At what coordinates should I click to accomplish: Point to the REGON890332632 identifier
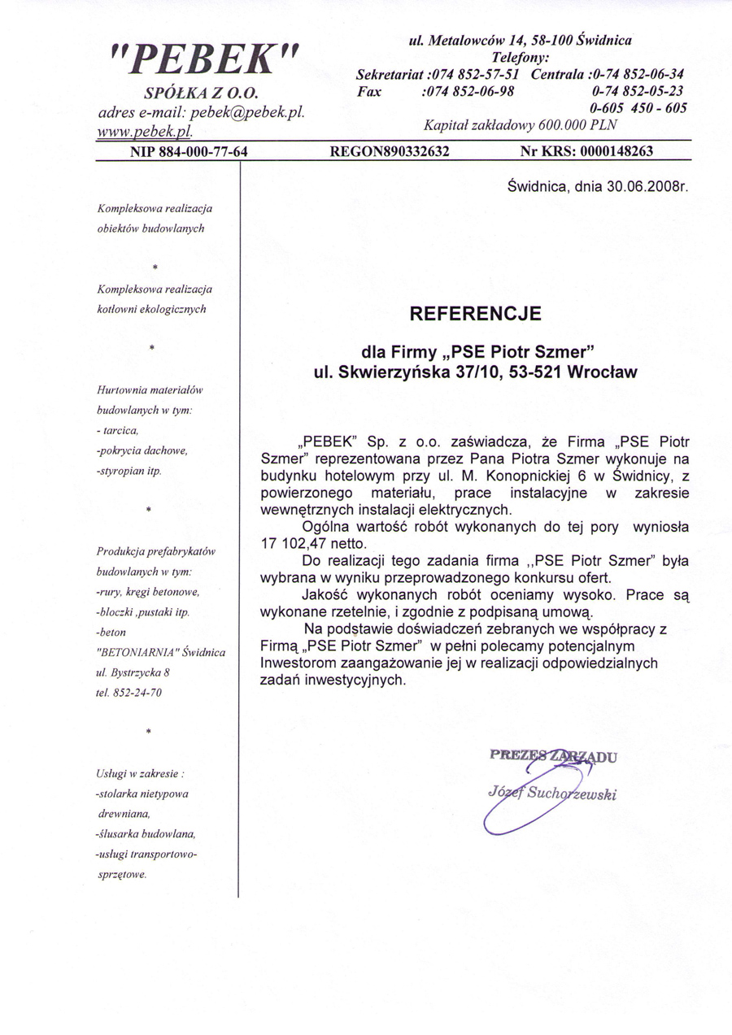390,151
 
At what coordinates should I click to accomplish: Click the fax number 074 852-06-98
468,91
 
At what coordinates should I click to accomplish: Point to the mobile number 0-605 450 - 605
638,107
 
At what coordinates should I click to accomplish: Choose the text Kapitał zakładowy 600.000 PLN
521,125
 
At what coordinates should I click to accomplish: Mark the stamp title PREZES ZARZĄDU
553,755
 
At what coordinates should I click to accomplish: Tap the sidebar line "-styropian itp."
129,471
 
